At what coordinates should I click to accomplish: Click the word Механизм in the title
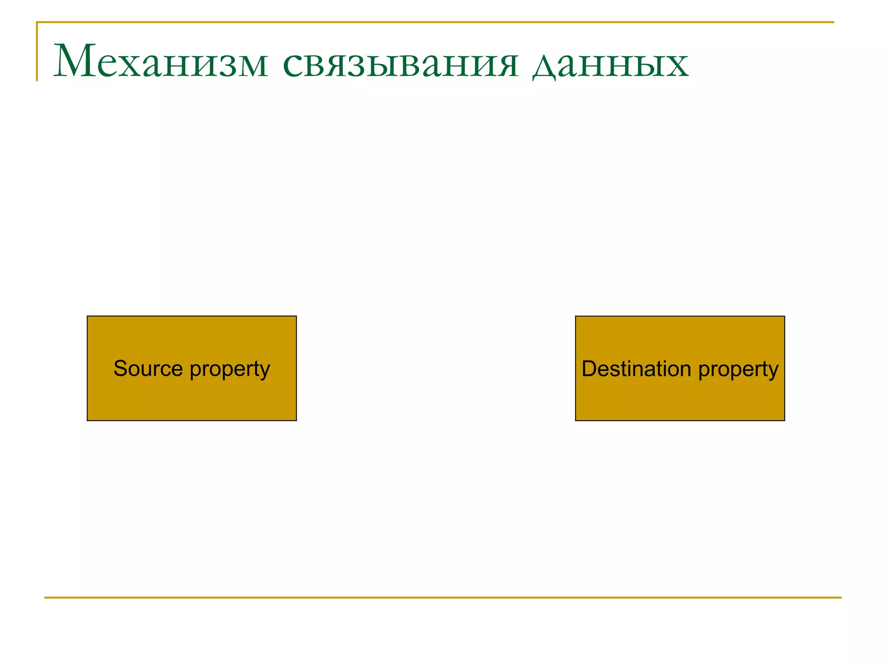pos(161,62)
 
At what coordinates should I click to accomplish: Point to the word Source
pos(148,369)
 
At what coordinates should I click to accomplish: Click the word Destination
pos(636,369)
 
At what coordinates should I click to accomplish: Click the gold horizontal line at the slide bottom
pos(443,597)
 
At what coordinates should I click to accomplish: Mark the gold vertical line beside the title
pos(37,52)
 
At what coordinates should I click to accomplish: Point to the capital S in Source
pos(119,369)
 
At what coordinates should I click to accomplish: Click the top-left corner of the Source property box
pos(87,316)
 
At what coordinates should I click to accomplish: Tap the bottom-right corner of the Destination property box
pos(784,420)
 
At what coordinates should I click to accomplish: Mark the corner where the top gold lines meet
pos(37,22)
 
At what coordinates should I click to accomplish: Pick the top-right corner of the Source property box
pos(296,316)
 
